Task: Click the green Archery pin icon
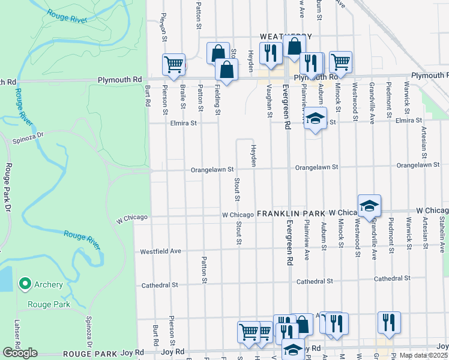point(25,283)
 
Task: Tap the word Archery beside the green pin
point(49,284)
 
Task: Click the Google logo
point(19,353)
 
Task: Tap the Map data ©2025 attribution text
point(424,355)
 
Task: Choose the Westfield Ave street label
point(160,251)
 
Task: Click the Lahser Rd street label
point(17,330)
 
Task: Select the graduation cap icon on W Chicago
point(370,206)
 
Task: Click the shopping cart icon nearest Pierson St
point(173,64)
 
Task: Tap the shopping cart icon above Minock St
point(340,61)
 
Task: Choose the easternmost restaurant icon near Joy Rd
point(389,322)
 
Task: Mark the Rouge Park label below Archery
point(52,304)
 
